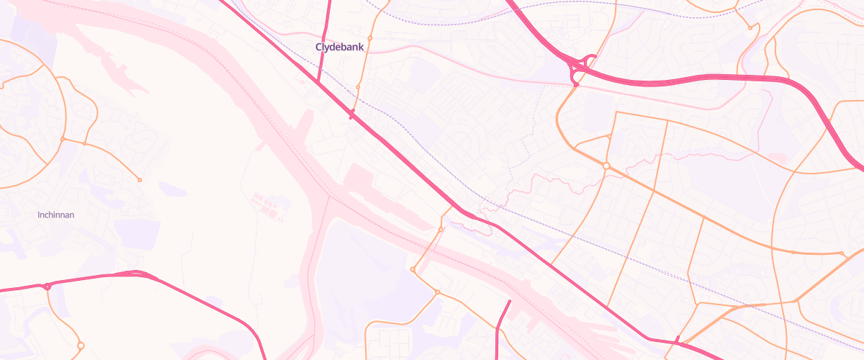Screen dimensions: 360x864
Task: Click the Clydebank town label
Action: (x=340, y=47)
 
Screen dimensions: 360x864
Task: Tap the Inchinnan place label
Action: (x=56, y=215)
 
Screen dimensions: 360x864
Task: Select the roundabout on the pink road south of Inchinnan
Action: (x=48, y=287)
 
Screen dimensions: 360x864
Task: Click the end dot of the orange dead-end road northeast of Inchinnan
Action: (x=140, y=179)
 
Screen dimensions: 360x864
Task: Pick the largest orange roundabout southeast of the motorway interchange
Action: (x=606, y=166)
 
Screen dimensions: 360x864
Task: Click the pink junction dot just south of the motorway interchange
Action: (x=576, y=85)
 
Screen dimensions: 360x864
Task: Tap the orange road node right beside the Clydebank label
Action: (x=369, y=38)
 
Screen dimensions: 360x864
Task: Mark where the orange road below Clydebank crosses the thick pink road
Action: (x=352, y=114)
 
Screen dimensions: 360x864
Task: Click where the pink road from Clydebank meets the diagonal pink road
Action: (x=318, y=81)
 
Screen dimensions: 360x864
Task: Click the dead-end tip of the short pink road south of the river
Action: (x=510, y=301)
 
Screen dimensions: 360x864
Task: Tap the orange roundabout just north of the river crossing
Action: (x=441, y=230)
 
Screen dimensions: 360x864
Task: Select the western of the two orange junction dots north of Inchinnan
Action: (x=63, y=138)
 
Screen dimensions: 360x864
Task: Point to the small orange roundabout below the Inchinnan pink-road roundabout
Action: (x=81, y=346)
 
